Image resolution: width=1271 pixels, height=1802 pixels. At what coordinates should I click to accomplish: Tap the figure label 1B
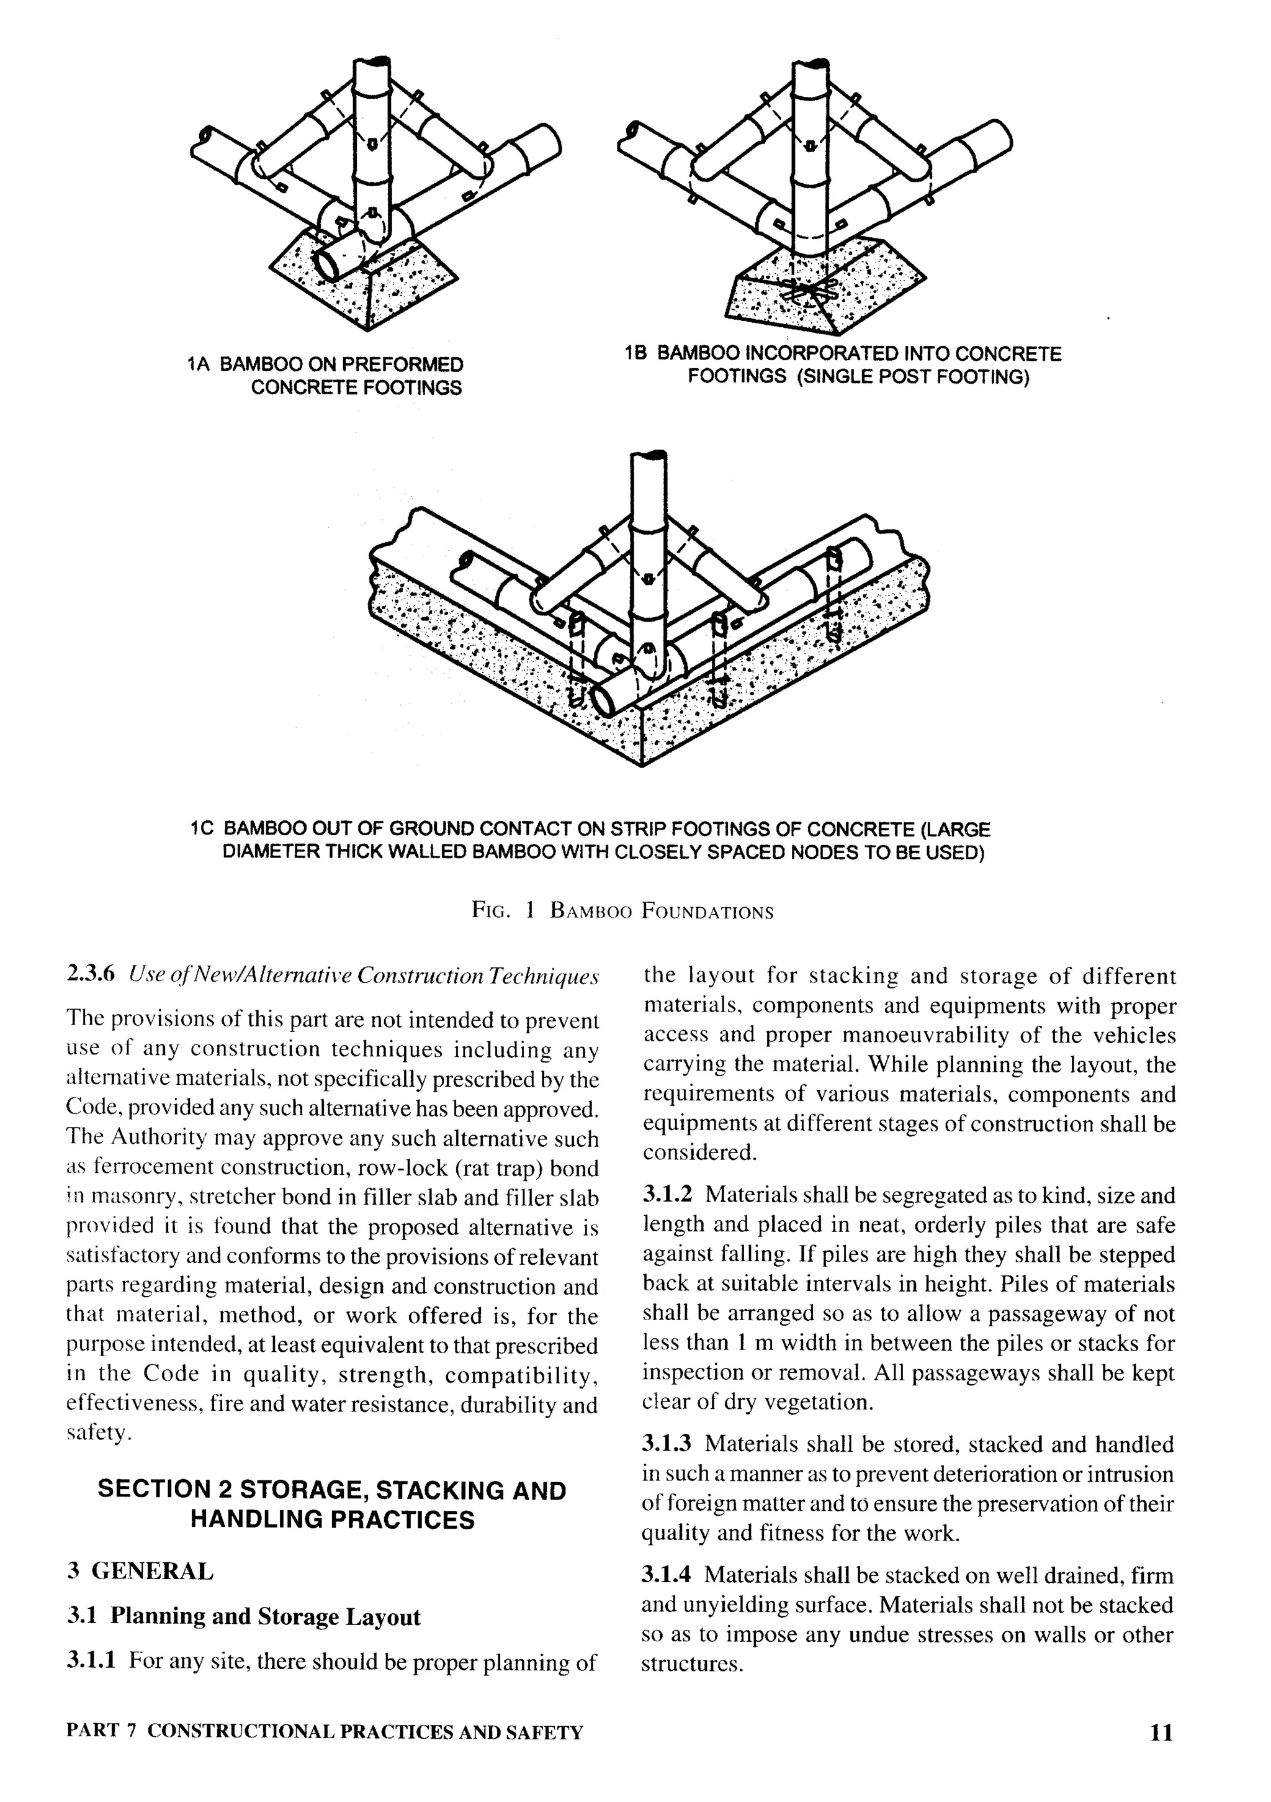coord(635,354)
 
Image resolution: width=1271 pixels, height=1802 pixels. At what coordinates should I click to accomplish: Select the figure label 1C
coord(202,830)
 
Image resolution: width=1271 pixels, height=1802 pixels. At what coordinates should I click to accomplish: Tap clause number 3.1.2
coord(668,1195)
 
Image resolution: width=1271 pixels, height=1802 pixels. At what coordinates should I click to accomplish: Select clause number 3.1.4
coord(668,1575)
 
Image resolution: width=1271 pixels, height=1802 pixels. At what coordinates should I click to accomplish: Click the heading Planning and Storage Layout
coord(265,1617)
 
